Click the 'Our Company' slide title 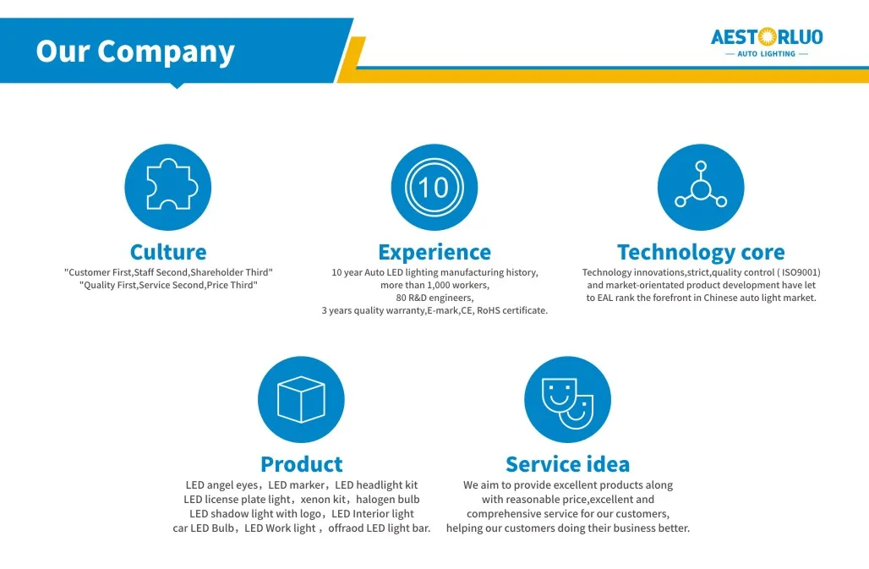135,52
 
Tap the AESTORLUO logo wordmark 767,37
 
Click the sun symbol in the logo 767,37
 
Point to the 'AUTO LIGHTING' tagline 766,54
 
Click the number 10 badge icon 434,187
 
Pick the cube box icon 301,399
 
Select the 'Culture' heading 168,252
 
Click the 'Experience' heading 434,252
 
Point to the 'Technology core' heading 701,252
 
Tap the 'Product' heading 302,464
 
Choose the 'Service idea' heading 567,464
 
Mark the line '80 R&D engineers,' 434,298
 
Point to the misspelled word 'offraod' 347,528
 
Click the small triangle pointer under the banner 177,85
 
